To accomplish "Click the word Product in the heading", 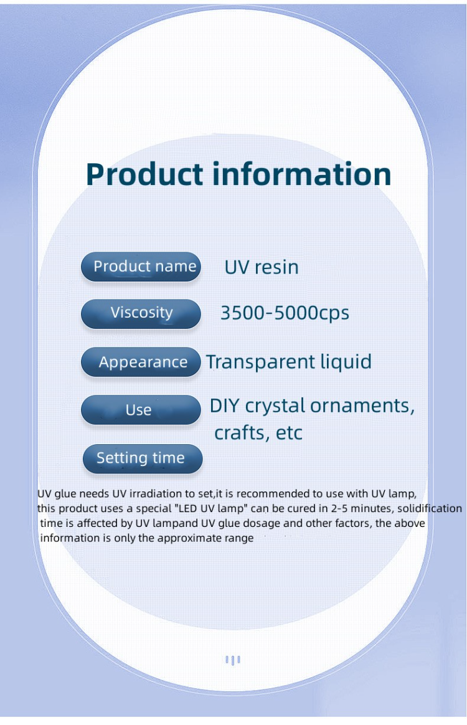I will click(144, 175).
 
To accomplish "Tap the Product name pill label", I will click(141, 267).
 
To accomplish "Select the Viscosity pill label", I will click(141, 313).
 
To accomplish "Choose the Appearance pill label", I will click(143, 362).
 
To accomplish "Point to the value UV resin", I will click(262, 267).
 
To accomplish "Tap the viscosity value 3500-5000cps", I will click(285, 313).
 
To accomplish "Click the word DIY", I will click(224, 406).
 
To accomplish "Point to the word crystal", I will click(275, 407).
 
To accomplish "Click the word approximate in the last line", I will click(191, 538).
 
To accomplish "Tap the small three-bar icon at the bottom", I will click(232, 660).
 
